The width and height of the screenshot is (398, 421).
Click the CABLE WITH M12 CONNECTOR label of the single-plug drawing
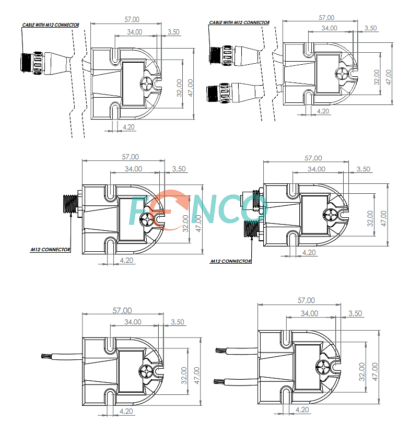tap(51, 25)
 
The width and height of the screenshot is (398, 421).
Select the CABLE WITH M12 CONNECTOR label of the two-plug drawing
tap(239, 22)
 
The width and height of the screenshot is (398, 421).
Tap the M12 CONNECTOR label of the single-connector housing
tap(50, 250)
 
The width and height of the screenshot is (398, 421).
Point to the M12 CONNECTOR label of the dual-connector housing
tap(231, 261)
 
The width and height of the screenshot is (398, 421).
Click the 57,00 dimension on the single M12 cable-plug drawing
tap(132, 19)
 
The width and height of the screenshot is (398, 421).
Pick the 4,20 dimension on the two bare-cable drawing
tap(302, 410)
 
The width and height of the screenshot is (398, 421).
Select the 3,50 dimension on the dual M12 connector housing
tap(363, 169)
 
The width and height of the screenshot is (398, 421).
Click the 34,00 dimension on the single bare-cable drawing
tap(133, 322)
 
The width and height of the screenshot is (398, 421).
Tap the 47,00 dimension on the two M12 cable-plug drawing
tap(388, 77)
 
